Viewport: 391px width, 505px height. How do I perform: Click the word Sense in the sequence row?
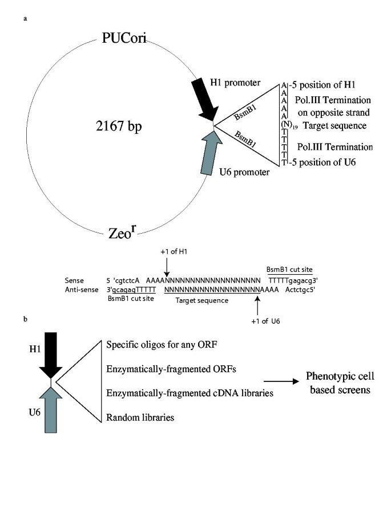[75, 280]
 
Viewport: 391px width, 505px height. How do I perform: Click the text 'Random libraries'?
[140, 418]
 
